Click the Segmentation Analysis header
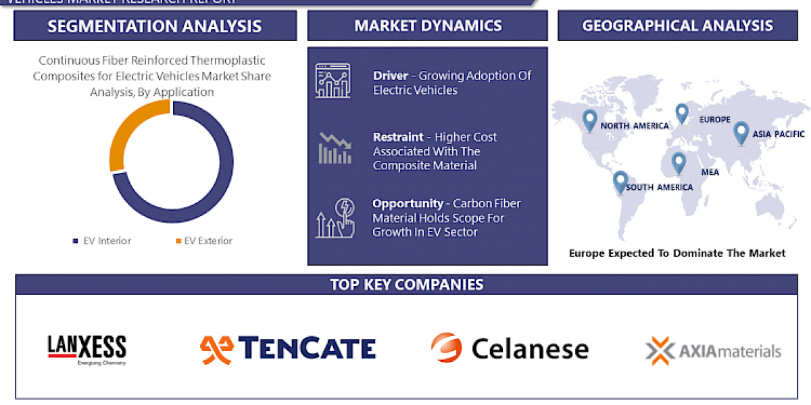point(155,26)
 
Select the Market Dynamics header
point(428,26)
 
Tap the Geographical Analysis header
point(677,26)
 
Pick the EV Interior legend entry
point(103,241)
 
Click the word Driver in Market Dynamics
point(391,76)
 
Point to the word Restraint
point(398,137)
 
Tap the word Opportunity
point(407,203)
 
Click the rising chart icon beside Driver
point(333,81)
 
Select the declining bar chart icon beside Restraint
point(335,148)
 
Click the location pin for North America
point(590,119)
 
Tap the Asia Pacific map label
point(779,134)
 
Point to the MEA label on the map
point(710,172)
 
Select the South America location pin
point(620,181)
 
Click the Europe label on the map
point(714,119)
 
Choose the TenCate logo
point(287,348)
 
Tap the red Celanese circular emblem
point(446,348)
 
